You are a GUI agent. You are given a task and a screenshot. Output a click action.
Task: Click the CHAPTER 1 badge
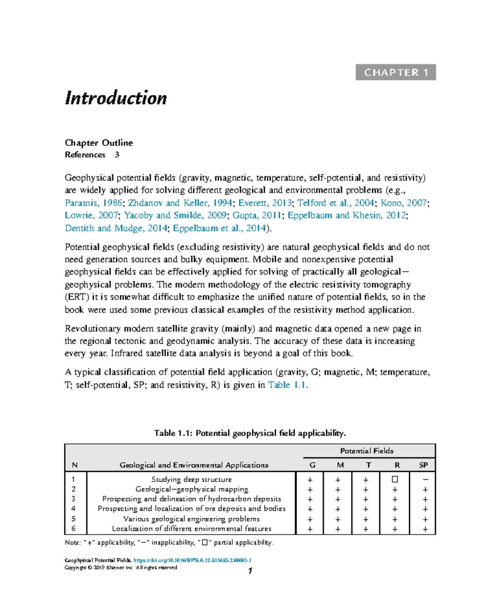pyautogui.click(x=396, y=72)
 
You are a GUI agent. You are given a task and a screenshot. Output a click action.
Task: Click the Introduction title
pyautogui.click(x=116, y=98)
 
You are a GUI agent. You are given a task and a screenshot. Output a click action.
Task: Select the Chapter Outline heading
pyautogui.click(x=99, y=143)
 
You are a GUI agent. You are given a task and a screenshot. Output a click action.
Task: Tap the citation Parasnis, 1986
pyautogui.click(x=93, y=203)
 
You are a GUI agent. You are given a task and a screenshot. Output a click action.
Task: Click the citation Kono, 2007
pyautogui.click(x=403, y=203)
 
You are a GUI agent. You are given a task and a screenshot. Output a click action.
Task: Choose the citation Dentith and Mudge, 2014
pyautogui.click(x=116, y=228)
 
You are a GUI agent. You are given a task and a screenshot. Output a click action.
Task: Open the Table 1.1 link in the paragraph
pyautogui.click(x=287, y=385)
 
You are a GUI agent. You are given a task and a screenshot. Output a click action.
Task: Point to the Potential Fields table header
pyautogui.click(x=367, y=451)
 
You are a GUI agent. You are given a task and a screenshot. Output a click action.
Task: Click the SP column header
pyautogui.click(x=423, y=465)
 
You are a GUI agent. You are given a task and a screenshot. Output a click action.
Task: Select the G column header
pyautogui.click(x=312, y=465)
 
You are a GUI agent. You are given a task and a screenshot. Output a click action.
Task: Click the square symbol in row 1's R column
pyautogui.click(x=395, y=480)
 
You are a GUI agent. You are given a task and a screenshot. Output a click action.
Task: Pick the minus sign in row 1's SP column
pyautogui.click(x=425, y=480)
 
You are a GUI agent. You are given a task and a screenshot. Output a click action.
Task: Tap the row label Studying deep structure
pyautogui.click(x=192, y=480)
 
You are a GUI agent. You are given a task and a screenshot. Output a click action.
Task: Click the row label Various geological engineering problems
pyautogui.click(x=192, y=519)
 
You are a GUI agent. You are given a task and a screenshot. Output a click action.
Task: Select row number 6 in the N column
pyautogui.click(x=73, y=529)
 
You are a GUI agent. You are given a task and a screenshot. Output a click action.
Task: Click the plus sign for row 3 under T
pyautogui.click(x=366, y=499)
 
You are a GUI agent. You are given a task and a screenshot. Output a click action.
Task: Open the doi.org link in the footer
pyautogui.click(x=192, y=561)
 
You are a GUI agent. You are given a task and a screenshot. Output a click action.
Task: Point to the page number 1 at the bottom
pyautogui.click(x=250, y=571)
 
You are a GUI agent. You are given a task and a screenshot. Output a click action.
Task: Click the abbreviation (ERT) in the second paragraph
pyautogui.click(x=77, y=297)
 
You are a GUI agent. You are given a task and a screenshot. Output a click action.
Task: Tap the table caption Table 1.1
pyautogui.click(x=249, y=433)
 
